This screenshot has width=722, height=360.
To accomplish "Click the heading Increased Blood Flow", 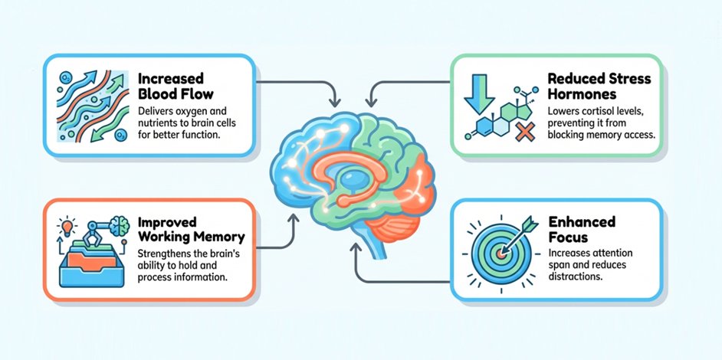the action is tap(176, 86).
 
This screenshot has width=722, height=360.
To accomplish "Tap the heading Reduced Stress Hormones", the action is tap(599, 86).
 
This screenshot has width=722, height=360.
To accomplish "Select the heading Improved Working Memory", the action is tap(191, 230).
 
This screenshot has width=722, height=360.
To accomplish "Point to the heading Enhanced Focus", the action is tap(582, 229).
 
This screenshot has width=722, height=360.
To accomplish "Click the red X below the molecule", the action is tap(524, 132).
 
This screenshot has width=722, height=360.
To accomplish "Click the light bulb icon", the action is tap(67, 227).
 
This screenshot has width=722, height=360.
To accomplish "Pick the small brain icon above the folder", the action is tap(120, 227).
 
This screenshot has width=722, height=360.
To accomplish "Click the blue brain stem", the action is tap(376, 247).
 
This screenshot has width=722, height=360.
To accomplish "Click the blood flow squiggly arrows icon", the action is tap(93, 106).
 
